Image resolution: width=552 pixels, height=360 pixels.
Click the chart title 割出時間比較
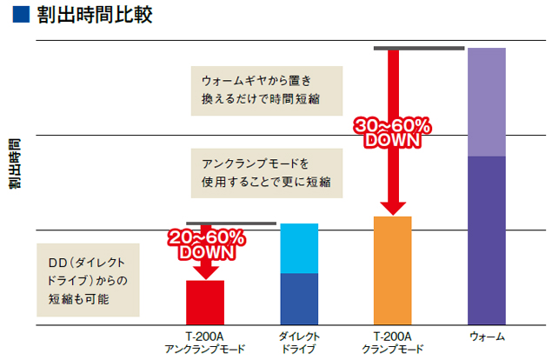point(96,16)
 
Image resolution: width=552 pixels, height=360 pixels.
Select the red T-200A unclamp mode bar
point(205,303)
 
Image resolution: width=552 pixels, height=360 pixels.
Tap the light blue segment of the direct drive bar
point(299,249)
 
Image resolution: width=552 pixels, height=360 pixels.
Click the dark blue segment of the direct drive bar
point(299,299)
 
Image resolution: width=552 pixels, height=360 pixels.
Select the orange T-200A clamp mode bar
point(392,270)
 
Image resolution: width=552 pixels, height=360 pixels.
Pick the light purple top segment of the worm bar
point(487,102)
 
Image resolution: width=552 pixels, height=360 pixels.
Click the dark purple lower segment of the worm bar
point(487,240)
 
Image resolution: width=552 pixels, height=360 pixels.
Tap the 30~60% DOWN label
point(392,133)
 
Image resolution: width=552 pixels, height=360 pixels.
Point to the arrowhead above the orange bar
point(392,207)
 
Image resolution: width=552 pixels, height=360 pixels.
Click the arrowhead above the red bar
point(206,271)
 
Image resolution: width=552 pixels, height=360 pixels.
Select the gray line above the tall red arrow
point(414,49)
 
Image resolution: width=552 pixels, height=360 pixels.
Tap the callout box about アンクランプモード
point(266,173)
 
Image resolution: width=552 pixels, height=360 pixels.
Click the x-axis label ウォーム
point(487,337)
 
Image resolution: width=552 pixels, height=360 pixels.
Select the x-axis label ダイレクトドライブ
point(299,343)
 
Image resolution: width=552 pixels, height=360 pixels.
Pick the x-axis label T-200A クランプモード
point(392,343)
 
